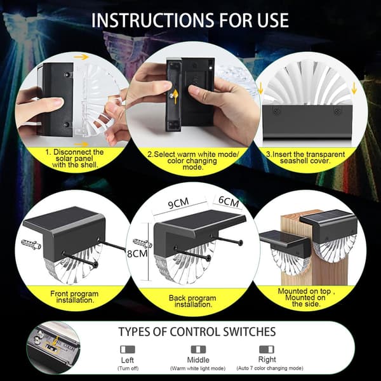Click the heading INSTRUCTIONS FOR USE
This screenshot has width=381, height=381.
(190, 20)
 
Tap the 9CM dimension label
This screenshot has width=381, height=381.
(178, 203)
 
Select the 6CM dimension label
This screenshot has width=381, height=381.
(229, 201)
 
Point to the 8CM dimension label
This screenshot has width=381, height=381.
(137, 253)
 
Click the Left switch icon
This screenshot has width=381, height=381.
(128, 349)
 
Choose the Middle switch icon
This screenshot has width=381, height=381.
(198, 349)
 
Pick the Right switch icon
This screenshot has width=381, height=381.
(267, 349)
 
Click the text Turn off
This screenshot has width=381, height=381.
(128, 368)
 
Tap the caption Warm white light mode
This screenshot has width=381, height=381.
(197, 368)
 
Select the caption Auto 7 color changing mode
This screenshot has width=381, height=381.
(270, 368)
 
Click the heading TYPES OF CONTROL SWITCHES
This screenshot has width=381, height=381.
(197, 331)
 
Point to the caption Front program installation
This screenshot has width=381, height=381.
(74, 297)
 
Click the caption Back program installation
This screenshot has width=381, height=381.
(192, 301)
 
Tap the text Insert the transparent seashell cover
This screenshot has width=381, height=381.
(305, 157)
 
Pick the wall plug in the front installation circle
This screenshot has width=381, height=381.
(31, 244)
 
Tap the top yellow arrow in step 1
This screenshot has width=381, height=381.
(81, 57)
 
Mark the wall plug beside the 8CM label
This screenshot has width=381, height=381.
(142, 243)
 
